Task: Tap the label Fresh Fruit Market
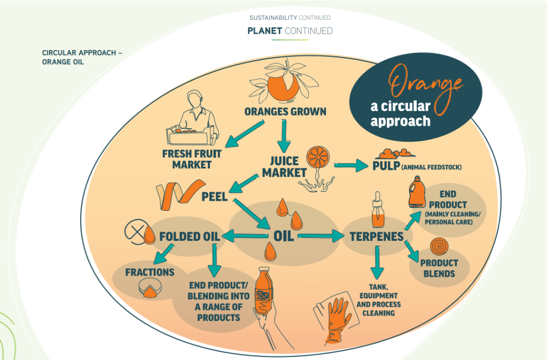(x=192, y=159)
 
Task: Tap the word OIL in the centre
(x=283, y=235)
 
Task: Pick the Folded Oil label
(x=186, y=236)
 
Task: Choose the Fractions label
(x=150, y=272)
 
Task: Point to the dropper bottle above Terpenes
(x=378, y=213)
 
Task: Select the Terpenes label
(x=376, y=236)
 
